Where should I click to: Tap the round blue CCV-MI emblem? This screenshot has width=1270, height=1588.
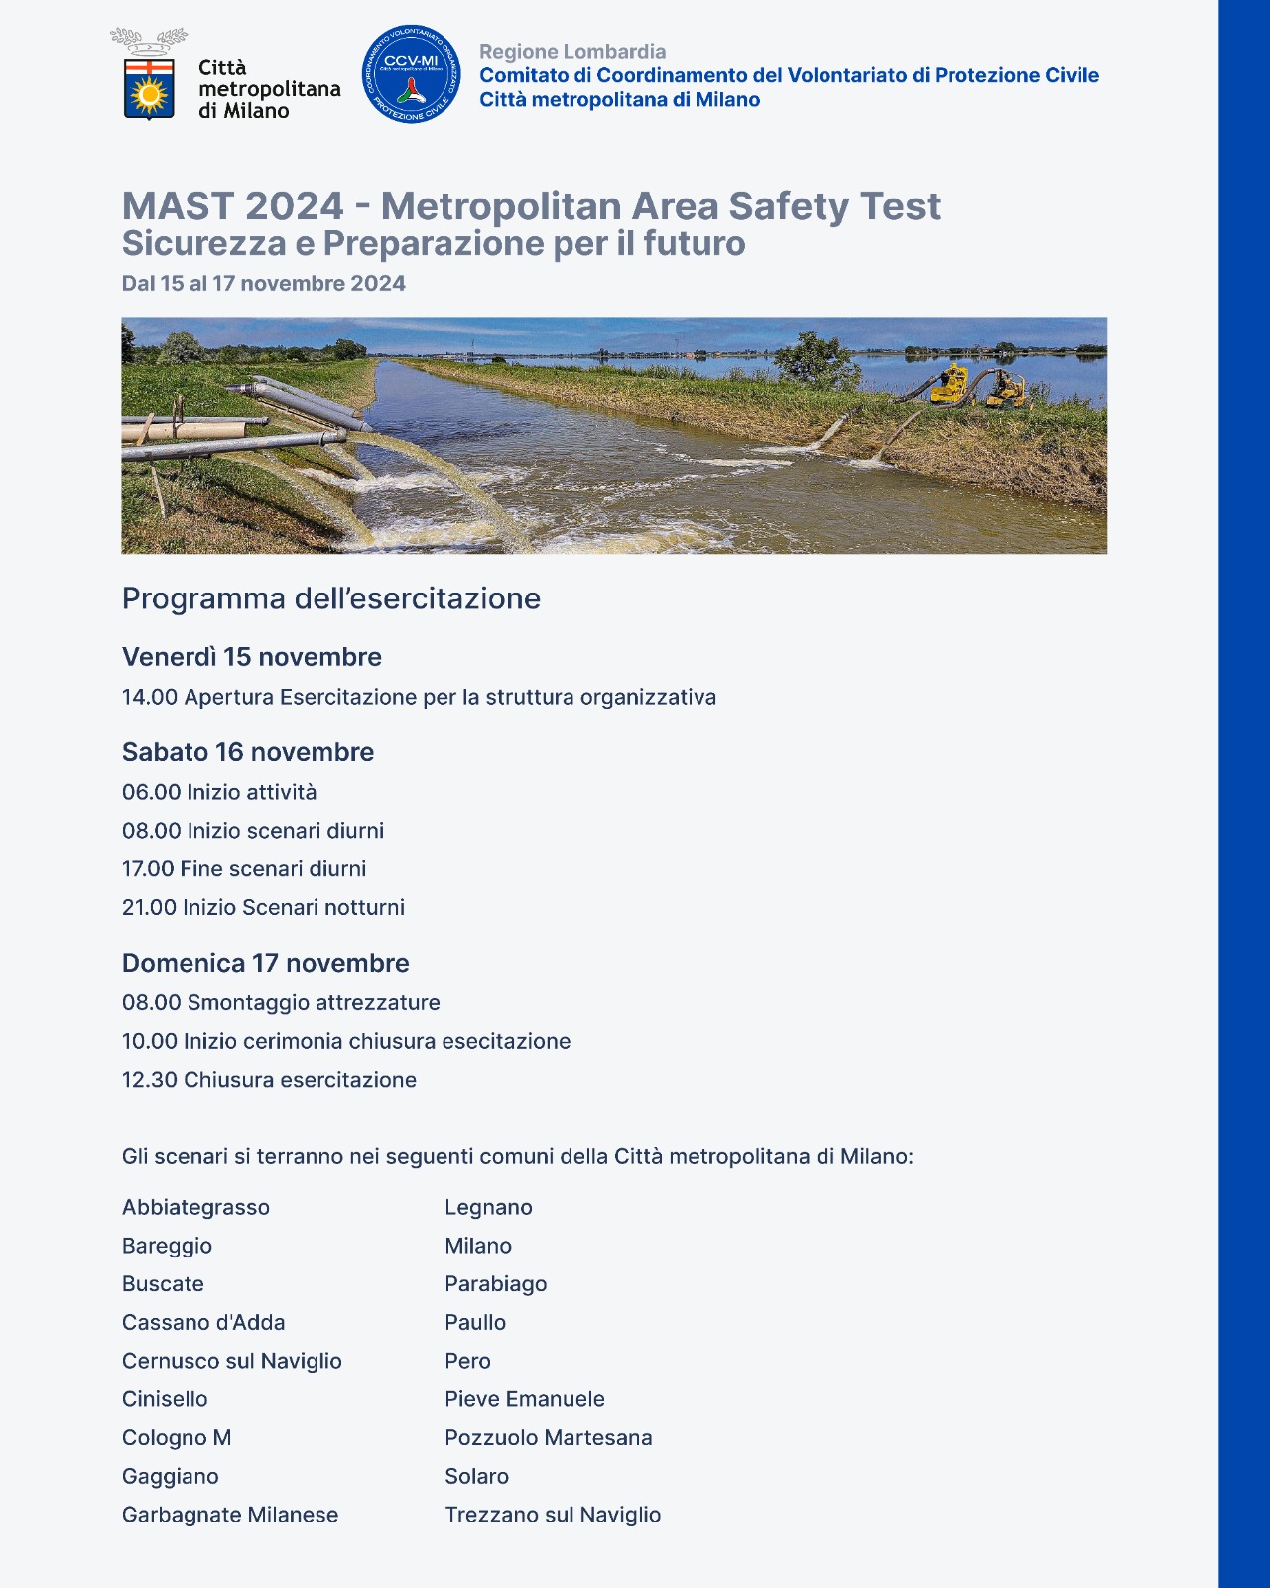pyautogui.click(x=411, y=74)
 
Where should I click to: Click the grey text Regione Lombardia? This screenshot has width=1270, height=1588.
pyautogui.click(x=572, y=52)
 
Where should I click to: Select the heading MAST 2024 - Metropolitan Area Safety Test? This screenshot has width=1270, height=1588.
pyautogui.click(x=531, y=206)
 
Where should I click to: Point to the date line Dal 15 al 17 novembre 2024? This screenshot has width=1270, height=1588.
pyautogui.click(x=263, y=284)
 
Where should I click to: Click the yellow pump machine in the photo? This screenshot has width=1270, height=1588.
pyautogui.click(x=951, y=384)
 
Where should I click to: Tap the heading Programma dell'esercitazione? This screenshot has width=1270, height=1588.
pyautogui.click(x=330, y=598)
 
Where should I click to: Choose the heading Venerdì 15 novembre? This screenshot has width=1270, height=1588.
pyautogui.click(x=251, y=657)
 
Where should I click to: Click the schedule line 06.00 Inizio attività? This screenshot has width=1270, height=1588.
pyautogui.click(x=219, y=792)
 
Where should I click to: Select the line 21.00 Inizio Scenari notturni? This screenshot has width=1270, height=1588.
pyautogui.click(x=263, y=907)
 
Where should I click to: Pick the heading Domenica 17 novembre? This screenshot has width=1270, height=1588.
pyautogui.click(x=265, y=963)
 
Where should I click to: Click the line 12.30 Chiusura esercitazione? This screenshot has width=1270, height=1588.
pyautogui.click(x=269, y=1080)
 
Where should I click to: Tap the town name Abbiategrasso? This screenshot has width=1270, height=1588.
pyautogui.click(x=195, y=1208)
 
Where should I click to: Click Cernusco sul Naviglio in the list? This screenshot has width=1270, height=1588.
pyautogui.click(x=231, y=1361)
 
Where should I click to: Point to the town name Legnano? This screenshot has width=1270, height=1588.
pyautogui.click(x=488, y=1208)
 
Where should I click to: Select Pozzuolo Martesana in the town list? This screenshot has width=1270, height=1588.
pyautogui.click(x=548, y=1438)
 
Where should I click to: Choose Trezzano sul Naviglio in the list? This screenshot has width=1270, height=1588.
pyautogui.click(x=552, y=1515)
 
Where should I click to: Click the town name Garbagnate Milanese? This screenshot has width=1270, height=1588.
pyautogui.click(x=230, y=1515)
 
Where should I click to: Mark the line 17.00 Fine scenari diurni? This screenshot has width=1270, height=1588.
pyautogui.click(x=244, y=869)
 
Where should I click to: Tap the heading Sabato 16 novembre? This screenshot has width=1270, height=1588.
pyautogui.click(x=248, y=752)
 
